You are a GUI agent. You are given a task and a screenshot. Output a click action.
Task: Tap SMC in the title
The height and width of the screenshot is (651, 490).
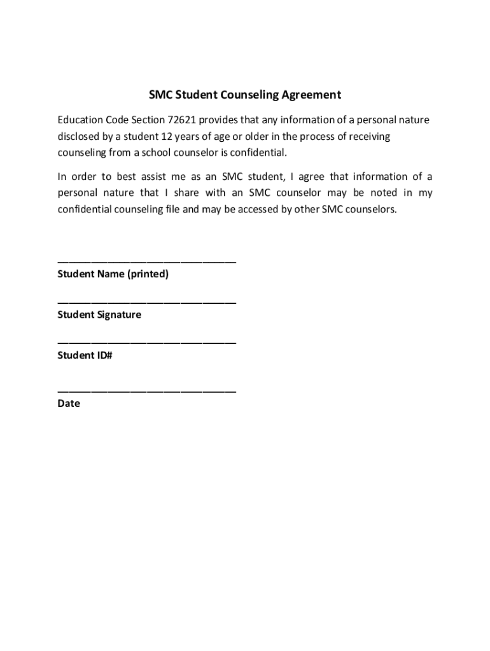160,95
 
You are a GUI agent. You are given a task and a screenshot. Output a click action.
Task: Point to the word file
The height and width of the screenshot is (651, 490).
171,210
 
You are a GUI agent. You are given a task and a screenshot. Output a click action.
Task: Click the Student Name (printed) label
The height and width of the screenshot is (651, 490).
113,275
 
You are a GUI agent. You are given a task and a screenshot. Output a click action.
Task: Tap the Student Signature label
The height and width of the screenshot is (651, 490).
99,315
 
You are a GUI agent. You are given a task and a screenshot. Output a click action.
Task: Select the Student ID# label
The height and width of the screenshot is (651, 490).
85,355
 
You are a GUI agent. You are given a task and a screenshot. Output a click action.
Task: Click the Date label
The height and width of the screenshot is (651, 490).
69,404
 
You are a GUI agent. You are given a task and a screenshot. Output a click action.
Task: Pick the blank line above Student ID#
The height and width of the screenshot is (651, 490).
146,343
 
